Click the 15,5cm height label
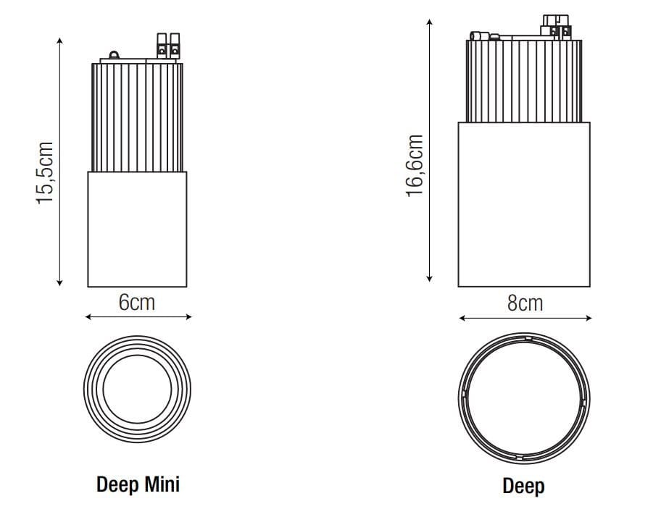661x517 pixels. click(x=46, y=172)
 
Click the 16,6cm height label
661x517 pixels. click(x=415, y=164)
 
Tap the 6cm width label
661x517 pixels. click(x=137, y=302)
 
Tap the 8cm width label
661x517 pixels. click(x=525, y=303)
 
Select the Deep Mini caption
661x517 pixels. click(x=138, y=484)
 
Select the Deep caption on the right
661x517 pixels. click(x=523, y=486)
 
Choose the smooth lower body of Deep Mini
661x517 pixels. click(x=137, y=229)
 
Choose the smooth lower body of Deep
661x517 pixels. click(x=524, y=204)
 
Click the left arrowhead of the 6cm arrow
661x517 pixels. click(x=88, y=316)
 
